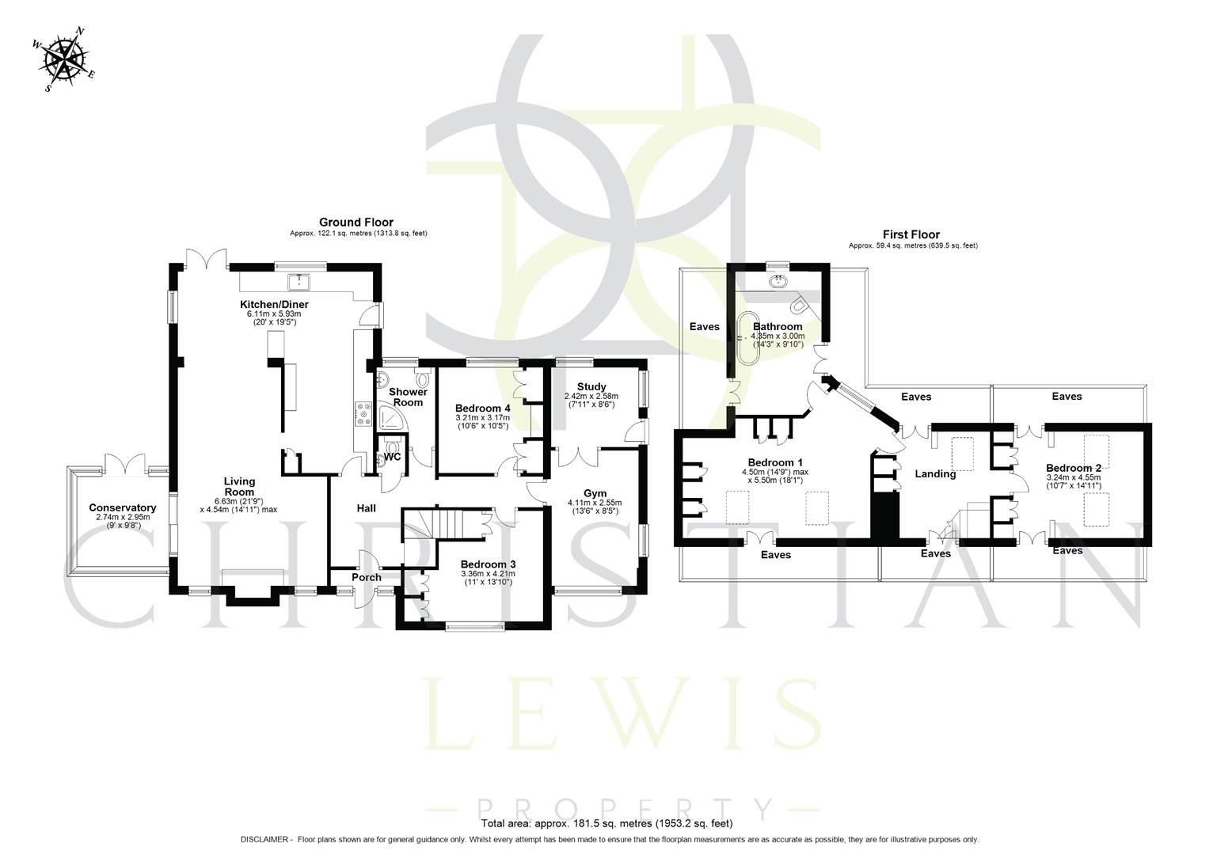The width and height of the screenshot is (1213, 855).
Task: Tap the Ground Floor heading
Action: point(356,222)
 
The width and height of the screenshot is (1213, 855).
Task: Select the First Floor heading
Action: point(911,234)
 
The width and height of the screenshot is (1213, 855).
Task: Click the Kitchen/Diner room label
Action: point(274,304)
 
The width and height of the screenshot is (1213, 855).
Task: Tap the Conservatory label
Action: point(122,507)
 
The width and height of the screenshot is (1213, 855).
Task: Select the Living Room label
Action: point(238,486)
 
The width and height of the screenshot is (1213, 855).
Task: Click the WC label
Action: point(393,457)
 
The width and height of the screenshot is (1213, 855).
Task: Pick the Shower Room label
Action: point(408,397)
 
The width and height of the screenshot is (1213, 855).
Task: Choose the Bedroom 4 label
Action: point(483,408)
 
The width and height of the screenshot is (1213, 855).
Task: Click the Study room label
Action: point(591,387)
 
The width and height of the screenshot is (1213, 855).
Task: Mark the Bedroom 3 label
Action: point(489,564)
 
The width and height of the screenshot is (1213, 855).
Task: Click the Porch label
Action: point(367,577)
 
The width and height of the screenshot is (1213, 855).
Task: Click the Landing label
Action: point(935,474)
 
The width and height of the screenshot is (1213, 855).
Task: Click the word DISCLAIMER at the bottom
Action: point(266,839)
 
